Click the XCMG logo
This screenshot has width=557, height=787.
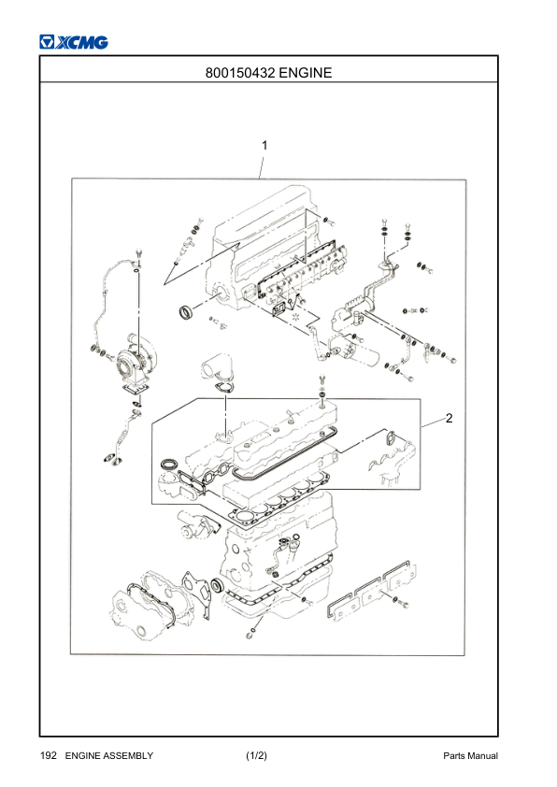[74, 42]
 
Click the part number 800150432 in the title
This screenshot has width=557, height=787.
[240, 73]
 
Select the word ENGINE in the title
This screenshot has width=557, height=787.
[305, 73]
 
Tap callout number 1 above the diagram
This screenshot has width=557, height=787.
[264, 146]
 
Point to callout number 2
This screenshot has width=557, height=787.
[450, 418]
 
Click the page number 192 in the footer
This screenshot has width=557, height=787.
[49, 755]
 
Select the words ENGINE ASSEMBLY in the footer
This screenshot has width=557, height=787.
[109, 755]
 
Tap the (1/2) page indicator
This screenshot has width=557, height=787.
[256, 755]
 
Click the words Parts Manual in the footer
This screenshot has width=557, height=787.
[470, 755]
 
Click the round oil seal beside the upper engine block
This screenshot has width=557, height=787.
[187, 311]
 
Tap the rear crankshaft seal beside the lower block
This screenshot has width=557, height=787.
[217, 585]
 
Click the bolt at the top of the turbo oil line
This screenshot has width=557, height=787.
[137, 254]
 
